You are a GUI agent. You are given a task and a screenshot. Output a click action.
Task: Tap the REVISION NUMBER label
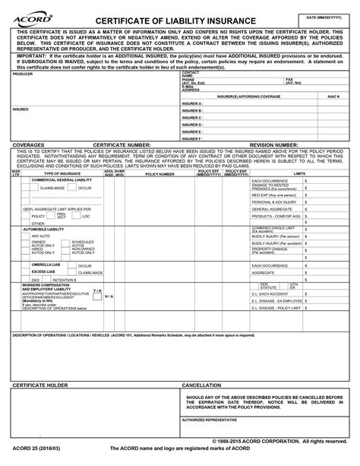click(274, 144)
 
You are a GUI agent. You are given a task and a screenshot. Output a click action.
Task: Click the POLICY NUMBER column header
click(159, 174)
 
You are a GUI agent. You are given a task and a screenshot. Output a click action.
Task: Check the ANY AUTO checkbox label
click(41, 236)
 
